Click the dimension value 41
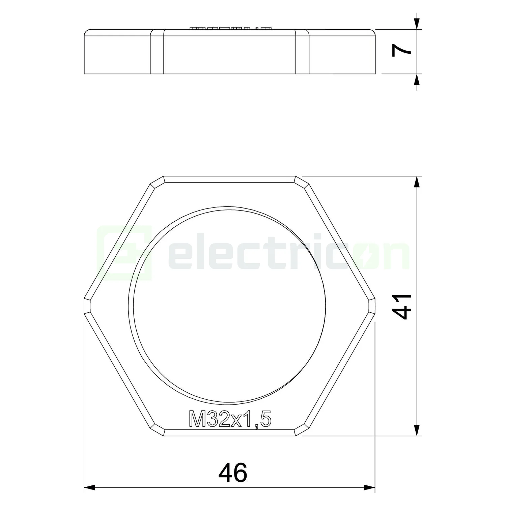tap(403, 306)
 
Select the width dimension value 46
tap(233, 473)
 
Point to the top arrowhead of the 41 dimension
tap(417, 182)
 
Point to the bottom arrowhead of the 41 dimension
tap(417, 430)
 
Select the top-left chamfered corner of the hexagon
tap(157, 181)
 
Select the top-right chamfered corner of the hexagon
tap(302, 181)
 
